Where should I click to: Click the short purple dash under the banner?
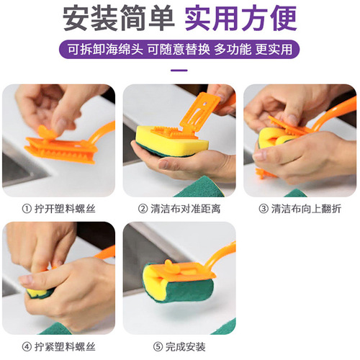pos(180,71)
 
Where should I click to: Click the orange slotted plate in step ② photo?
pos(197,108)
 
